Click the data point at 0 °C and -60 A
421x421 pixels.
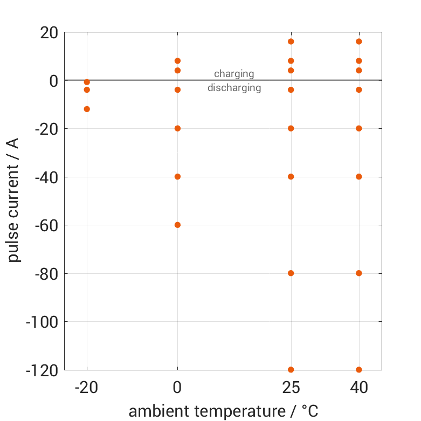click(x=177, y=225)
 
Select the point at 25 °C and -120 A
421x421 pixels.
click(x=291, y=369)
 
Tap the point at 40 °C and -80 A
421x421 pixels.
click(x=359, y=273)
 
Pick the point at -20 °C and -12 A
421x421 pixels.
click(x=87, y=109)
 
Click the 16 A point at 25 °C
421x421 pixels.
click(x=291, y=42)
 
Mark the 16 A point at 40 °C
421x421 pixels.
click(x=359, y=42)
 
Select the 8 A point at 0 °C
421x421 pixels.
click(x=177, y=61)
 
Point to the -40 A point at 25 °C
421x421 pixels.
click(x=291, y=176)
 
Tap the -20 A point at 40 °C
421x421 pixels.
click(x=359, y=128)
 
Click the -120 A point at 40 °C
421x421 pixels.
click(x=359, y=369)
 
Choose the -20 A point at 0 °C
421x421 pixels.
click(x=177, y=128)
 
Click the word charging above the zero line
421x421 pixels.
click(x=234, y=74)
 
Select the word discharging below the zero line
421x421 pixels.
click(x=234, y=88)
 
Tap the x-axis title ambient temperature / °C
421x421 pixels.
click(x=223, y=411)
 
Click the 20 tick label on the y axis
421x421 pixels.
click(x=49, y=33)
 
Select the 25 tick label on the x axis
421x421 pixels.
click(x=291, y=388)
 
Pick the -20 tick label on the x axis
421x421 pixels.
click(x=87, y=388)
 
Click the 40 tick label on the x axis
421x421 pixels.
click(x=359, y=388)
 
